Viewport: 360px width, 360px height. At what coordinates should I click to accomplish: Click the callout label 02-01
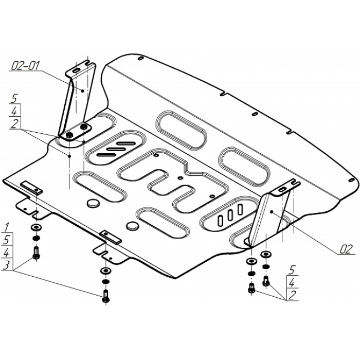[26, 66]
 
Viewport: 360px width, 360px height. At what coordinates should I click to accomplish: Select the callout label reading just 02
[346, 249]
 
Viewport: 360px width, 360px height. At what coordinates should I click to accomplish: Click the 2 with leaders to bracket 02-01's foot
[14, 124]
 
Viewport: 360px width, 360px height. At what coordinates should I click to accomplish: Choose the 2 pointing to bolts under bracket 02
[292, 295]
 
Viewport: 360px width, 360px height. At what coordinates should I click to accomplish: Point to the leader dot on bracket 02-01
[82, 91]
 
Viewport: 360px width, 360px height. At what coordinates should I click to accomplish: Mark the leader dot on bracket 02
[271, 212]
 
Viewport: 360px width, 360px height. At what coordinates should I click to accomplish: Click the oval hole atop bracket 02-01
[76, 70]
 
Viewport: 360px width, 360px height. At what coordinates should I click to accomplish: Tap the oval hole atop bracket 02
[282, 189]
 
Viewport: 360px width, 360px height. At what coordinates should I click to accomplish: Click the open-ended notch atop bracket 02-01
[90, 62]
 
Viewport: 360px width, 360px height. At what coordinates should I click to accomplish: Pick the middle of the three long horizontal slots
[116, 149]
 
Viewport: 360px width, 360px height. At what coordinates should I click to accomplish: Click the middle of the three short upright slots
[230, 215]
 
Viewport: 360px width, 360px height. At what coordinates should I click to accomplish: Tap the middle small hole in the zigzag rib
[181, 178]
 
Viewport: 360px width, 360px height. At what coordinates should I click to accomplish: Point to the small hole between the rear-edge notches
[254, 114]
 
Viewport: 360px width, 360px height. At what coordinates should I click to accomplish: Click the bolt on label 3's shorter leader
[36, 253]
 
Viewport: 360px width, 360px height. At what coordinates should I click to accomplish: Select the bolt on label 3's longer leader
[106, 296]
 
